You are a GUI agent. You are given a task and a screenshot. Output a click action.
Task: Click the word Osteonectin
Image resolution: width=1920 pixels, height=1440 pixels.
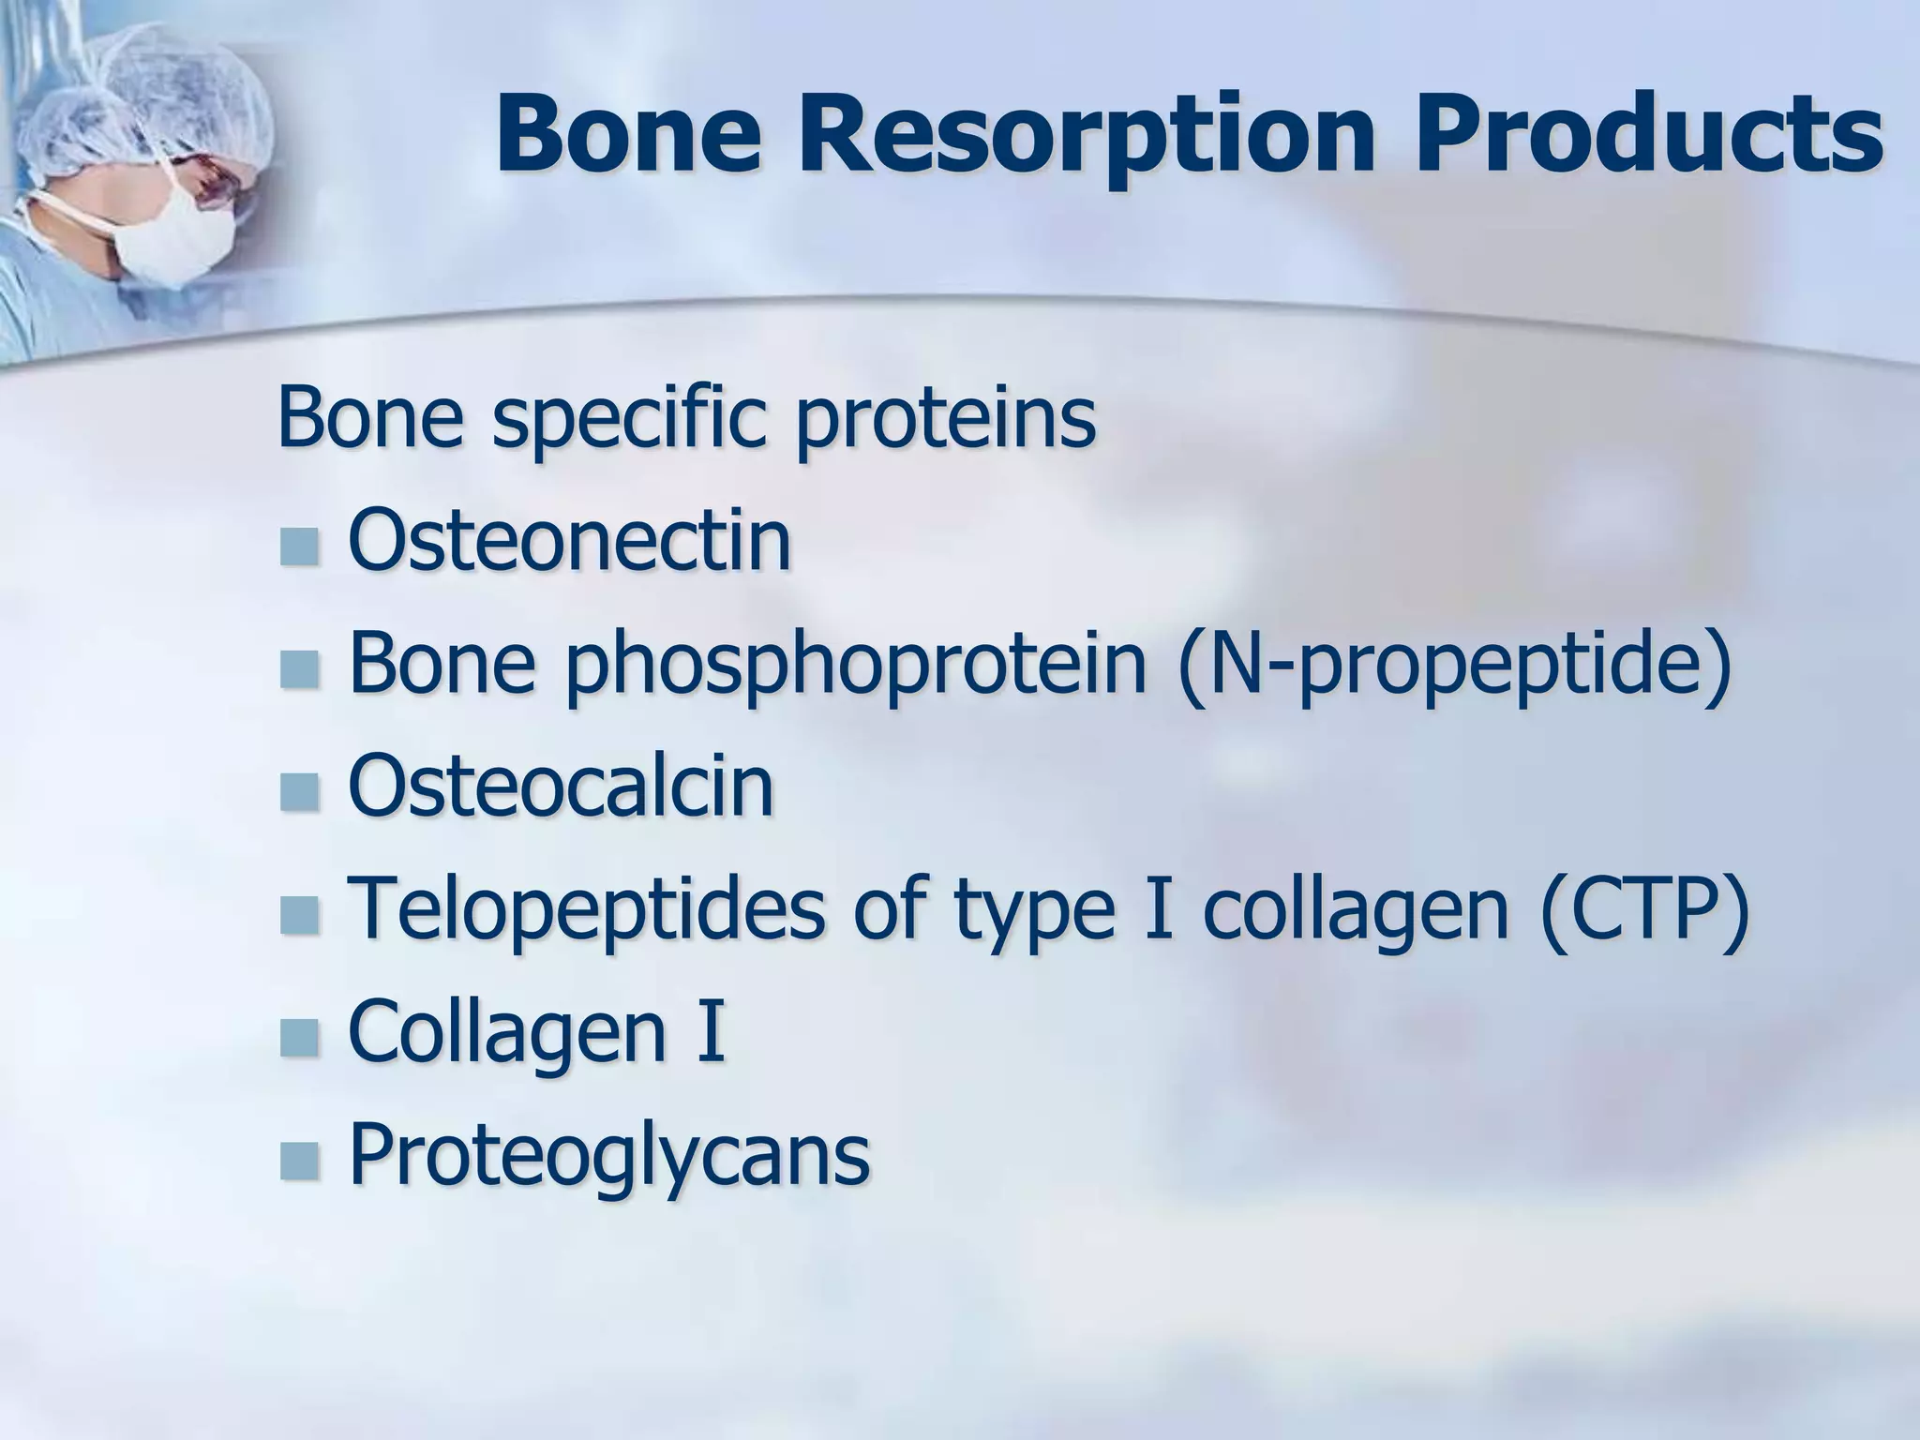(569, 541)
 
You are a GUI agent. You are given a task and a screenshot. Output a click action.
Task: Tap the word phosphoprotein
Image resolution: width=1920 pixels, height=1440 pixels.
(854, 664)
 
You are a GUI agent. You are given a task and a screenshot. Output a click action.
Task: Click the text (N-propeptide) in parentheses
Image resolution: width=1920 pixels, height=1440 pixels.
(1454, 664)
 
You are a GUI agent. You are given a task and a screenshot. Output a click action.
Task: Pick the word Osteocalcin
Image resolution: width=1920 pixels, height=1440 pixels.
(561, 786)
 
